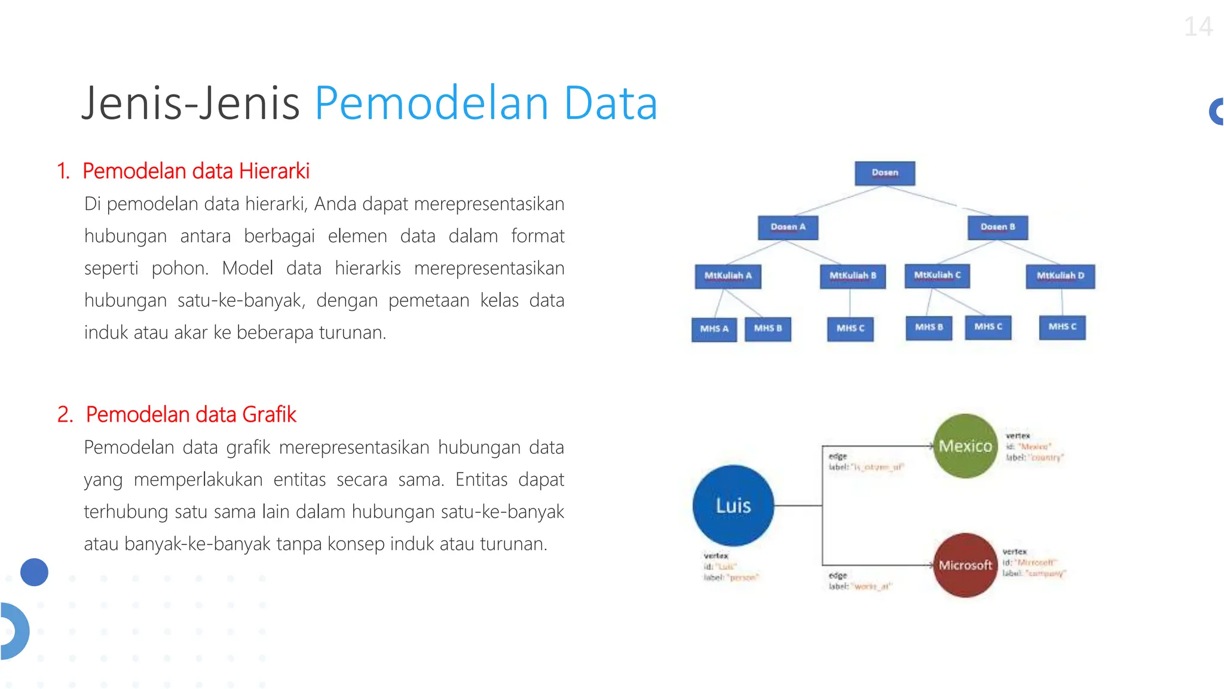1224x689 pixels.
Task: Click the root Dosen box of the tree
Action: pyautogui.click(x=885, y=173)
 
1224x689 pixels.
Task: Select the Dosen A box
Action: pyautogui.click(x=788, y=227)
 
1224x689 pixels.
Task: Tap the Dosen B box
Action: pyautogui.click(x=997, y=227)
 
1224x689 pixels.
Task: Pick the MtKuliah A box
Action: pyautogui.click(x=727, y=276)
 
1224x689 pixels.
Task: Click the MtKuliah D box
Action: pyautogui.click(x=1060, y=276)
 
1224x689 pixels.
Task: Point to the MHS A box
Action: pyautogui.click(x=714, y=329)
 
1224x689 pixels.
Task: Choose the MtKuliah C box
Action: pyautogui.click(x=937, y=276)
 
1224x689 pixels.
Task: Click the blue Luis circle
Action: pyautogui.click(x=733, y=505)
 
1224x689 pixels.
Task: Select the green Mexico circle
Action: pyautogui.click(x=965, y=446)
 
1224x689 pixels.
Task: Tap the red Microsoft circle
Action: pyautogui.click(x=965, y=565)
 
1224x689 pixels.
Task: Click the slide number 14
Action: pyautogui.click(x=1198, y=27)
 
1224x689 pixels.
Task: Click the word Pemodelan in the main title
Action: pyautogui.click(x=431, y=103)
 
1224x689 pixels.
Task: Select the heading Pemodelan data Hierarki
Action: pyautogui.click(x=195, y=171)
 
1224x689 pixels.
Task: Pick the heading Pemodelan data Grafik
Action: pyautogui.click(x=191, y=414)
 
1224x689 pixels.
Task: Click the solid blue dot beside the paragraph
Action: pyautogui.click(x=34, y=572)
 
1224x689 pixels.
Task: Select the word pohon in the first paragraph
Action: pyautogui.click(x=179, y=268)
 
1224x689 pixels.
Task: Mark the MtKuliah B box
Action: pyautogui.click(x=852, y=276)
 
